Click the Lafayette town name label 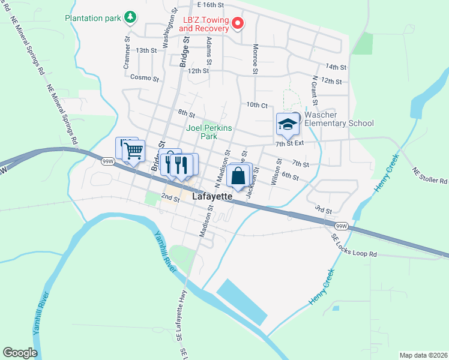click(x=212, y=196)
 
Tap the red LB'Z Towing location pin click(x=238, y=24)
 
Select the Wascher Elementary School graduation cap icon click(x=288, y=124)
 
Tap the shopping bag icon click(x=238, y=176)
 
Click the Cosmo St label click(x=145, y=78)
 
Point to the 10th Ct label click(x=256, y=104)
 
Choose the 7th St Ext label click(x=290, y=143)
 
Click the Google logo click(x=20, y=353)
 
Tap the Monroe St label click(x=255, y=58)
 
